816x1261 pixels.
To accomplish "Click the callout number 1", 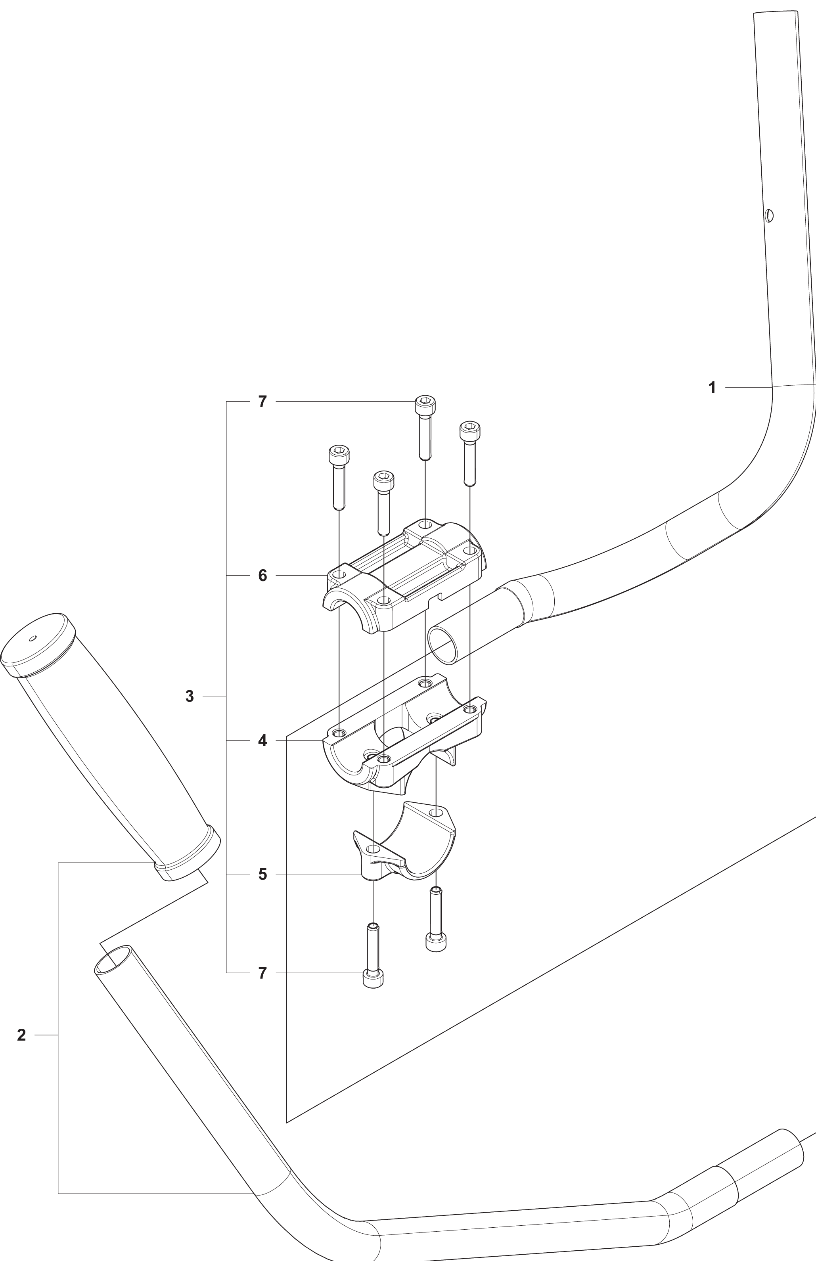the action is pos(712,388).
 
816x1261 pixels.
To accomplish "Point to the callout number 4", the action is pos(262,741).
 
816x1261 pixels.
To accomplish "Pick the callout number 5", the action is pos(262,874).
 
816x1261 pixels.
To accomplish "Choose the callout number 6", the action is pos(262,576).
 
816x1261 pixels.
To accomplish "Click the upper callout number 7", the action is pos(262,402).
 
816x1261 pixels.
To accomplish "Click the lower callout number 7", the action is pos(262,974).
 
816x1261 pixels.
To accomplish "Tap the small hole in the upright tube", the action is pos(769,216).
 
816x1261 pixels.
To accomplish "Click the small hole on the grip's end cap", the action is pos(33,638).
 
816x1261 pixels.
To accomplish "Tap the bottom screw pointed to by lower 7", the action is pos(373,955).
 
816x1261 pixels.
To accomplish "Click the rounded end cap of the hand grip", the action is pos(37,645).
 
